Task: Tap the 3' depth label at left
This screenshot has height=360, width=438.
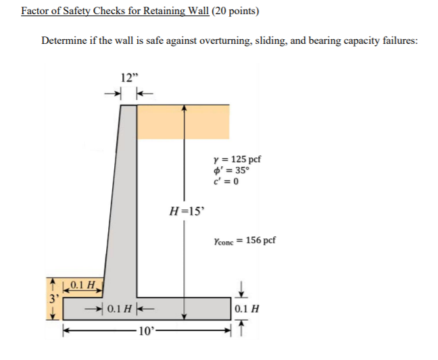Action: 50,299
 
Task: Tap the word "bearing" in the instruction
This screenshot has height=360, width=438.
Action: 326,41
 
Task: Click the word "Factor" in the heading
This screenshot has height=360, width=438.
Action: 34,11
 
